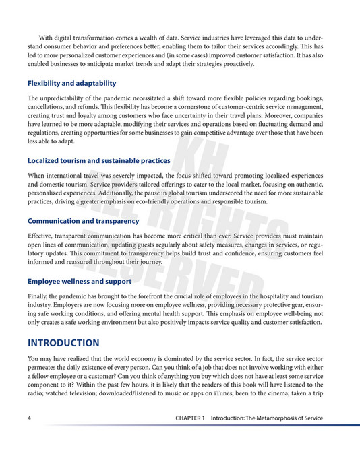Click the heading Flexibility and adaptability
[71, 84]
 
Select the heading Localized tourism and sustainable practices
[98, 161]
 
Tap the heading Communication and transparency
[83, 221]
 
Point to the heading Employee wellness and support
[80, 281]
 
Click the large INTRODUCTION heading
[63, 343]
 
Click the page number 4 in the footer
[30, 418]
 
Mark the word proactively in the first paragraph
[235, 65]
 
